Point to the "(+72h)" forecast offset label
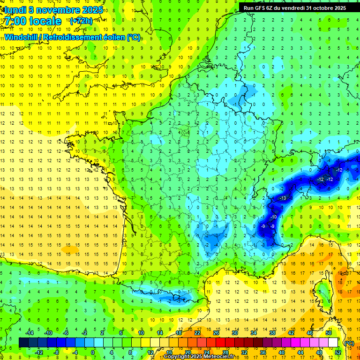click(x=81, y=21)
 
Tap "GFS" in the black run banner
click(x=263, y=7)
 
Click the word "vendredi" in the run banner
click(x=294, y=7)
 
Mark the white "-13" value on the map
click(x=283, y=198)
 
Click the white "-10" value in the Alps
click(x=273, y=217)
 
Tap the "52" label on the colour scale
click(x=338, y=352)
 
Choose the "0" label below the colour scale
click(x=93, y=352)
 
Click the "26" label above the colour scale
click(x=216, y=332)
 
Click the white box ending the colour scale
click(x=333, y=343)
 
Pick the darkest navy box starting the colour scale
click(x=23, y=343)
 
